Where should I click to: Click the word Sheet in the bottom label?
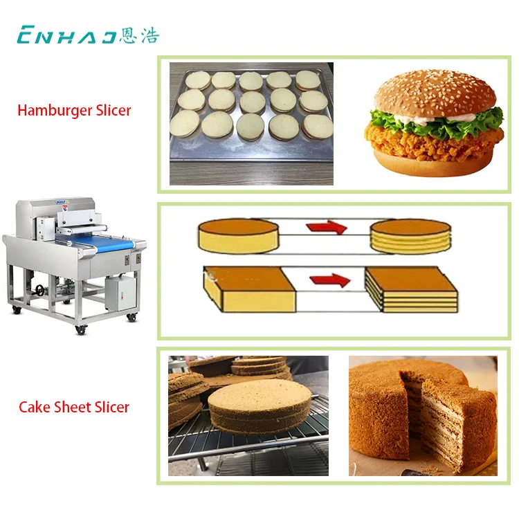[69, 407]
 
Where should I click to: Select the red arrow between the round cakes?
[326, 227]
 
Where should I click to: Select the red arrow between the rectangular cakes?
[329, 279]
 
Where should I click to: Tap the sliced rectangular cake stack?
[412, 287]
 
